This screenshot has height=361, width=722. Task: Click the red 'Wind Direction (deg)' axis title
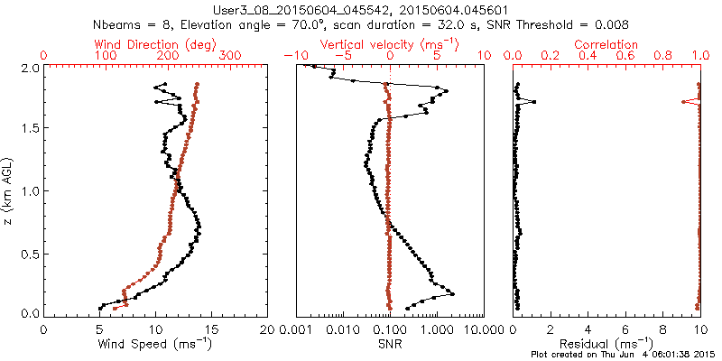156,44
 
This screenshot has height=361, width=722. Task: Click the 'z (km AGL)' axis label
8,190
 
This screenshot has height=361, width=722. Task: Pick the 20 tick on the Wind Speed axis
268,329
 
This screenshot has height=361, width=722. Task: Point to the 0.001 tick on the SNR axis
296,329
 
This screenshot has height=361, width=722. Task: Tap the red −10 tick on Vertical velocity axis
291,56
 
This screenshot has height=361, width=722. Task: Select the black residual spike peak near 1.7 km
534,102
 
